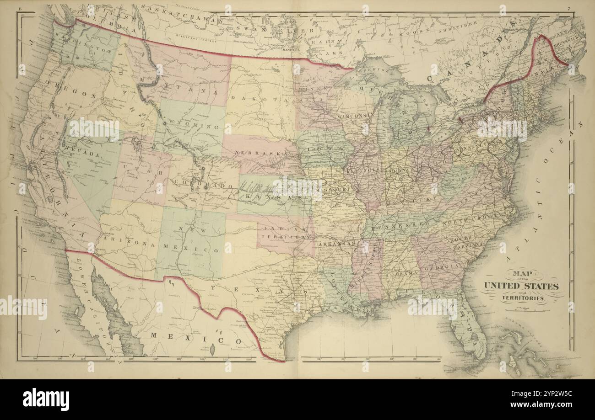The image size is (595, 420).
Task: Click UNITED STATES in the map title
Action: tap(521, 287)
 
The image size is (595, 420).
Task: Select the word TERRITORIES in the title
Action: tap(522, 298)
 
